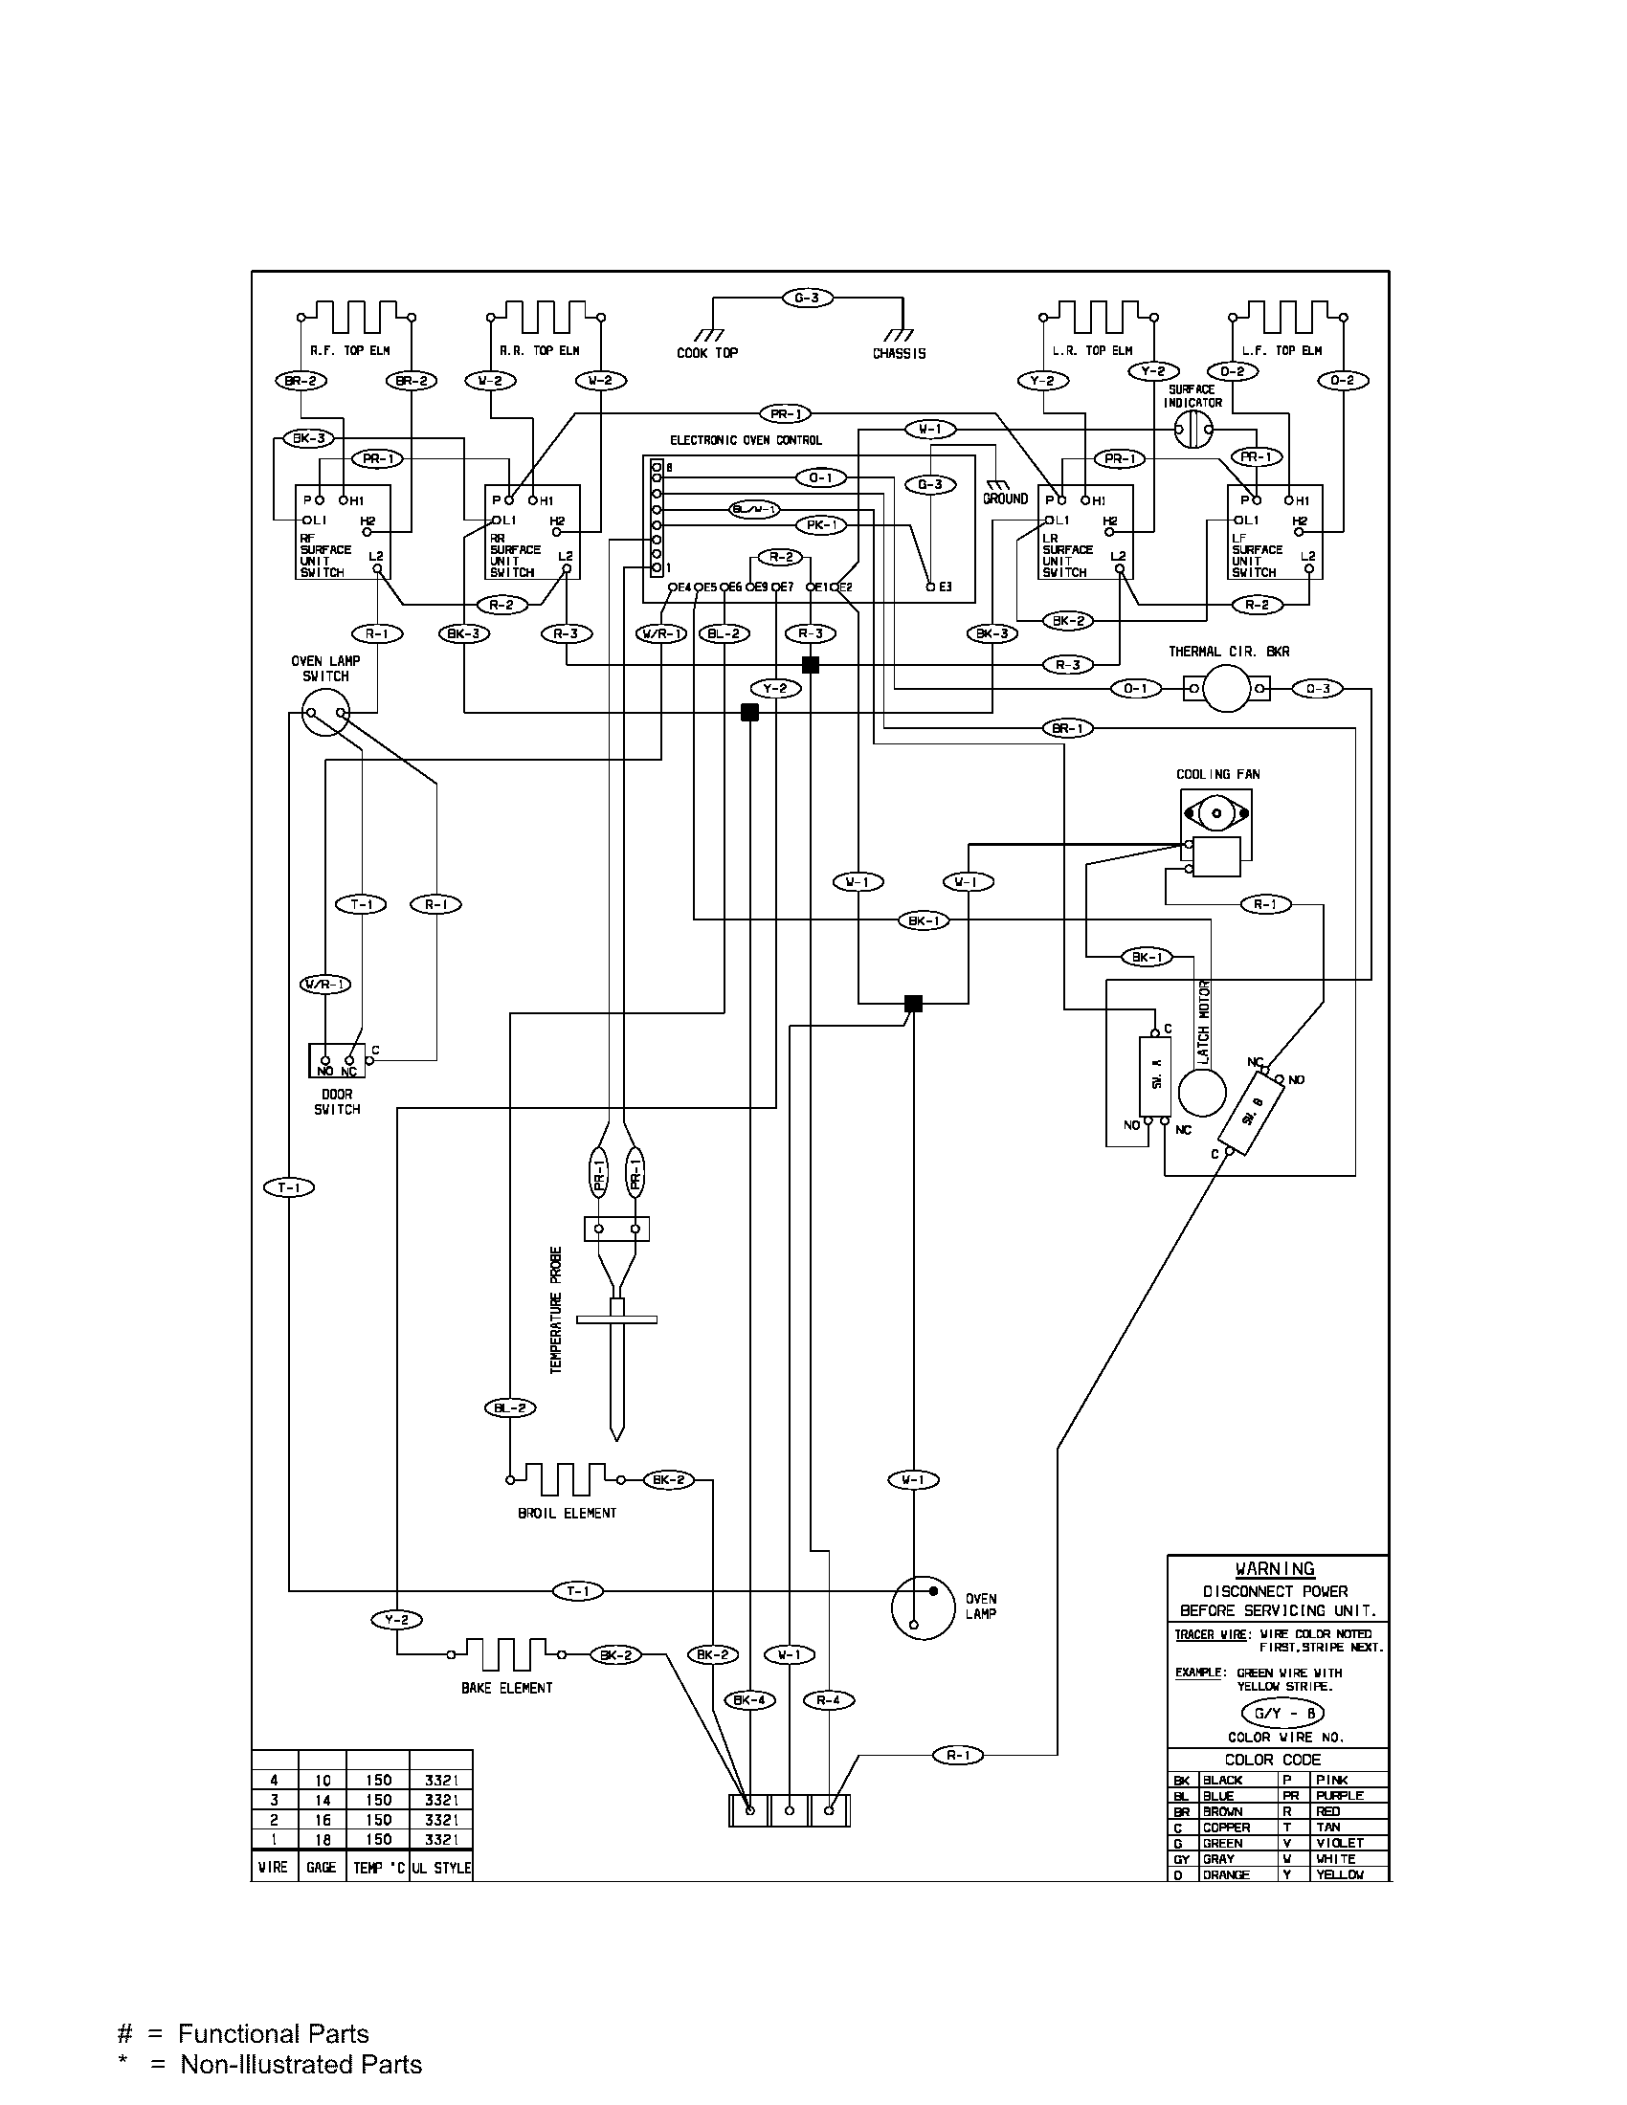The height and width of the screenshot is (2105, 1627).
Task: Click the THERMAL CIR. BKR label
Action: pos(1228,652)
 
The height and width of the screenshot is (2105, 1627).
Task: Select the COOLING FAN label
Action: pos(1217,774)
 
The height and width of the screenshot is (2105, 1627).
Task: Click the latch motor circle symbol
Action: pos(1202,1093)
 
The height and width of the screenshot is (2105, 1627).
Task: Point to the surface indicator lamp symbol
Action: pos(1192,431)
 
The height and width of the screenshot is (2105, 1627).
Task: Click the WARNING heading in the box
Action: pos(1274,1569)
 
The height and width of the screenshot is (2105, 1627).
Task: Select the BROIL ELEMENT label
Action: pos(567,1514)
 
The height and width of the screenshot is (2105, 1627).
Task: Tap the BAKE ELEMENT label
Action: pos(506,1688)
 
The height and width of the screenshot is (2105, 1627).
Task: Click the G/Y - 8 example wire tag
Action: pos(1282,1714)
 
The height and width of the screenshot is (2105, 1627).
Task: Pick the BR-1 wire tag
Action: pos(1068,729)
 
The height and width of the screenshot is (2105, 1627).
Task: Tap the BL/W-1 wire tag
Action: pos(754,509)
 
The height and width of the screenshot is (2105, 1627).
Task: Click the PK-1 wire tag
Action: pos(820,525)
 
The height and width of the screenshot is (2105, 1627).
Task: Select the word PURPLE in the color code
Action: pos(1340,1796)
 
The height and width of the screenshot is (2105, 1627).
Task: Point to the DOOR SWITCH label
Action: pos(336,1101)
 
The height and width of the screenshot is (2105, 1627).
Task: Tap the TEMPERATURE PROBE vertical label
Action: pos(556,1311)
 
